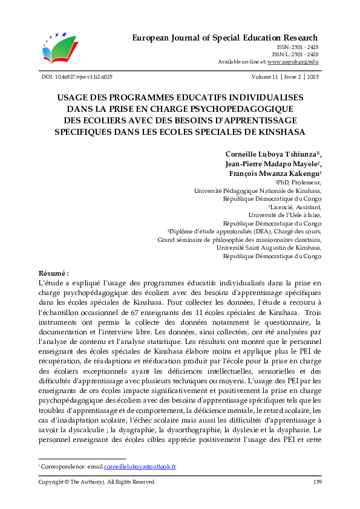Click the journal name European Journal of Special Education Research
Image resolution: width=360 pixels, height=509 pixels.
[x=225, y=38]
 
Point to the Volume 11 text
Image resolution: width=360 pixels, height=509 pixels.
[x=267, y=77]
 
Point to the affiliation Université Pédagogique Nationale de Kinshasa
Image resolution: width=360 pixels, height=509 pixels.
[x=258, y=190]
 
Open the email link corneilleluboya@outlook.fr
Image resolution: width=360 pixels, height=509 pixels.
[x=139, y=467]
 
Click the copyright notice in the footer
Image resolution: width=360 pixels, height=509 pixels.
[x=97, y=482]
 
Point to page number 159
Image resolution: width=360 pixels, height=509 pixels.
[x=317, y=482]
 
